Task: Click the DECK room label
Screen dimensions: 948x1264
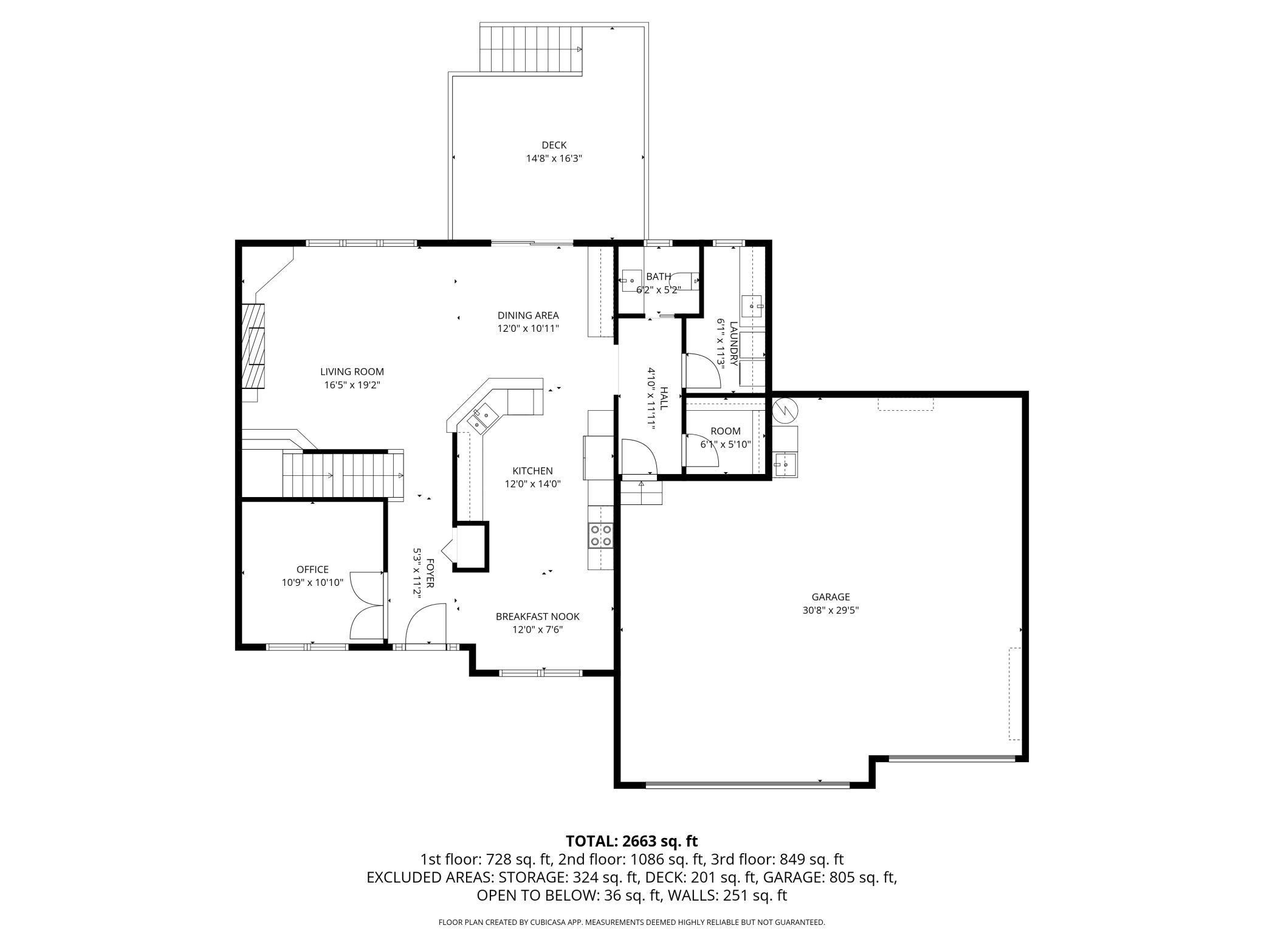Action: (554, 145)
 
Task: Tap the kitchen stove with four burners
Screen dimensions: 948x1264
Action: (600, 535)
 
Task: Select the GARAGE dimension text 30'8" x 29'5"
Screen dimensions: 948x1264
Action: (830, 610)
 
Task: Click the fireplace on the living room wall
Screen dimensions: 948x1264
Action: (253, 346)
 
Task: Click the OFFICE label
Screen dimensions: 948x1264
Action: (312, 569)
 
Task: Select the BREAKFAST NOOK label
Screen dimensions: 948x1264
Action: (537, 616)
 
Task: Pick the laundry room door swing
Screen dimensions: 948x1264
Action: (701, 370)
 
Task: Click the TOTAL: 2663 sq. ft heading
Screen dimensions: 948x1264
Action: (631, 841)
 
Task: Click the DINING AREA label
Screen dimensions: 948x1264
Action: (527, 315)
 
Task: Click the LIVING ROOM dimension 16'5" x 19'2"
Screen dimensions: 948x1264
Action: (352, 385)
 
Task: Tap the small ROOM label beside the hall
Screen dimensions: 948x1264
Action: (726, 431)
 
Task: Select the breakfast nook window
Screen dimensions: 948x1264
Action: (540, 673)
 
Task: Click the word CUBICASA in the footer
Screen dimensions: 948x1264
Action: (554, 922)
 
